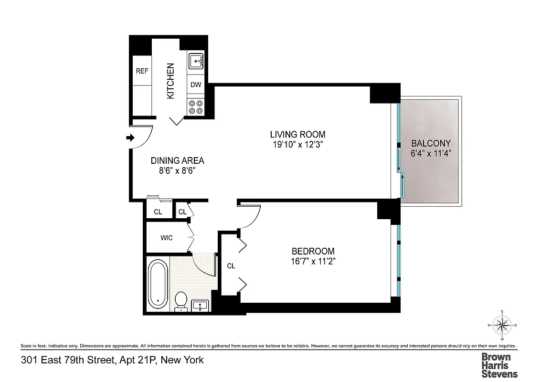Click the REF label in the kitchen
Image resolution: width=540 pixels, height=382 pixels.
click(142, 71)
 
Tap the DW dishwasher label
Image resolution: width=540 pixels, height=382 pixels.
click(196, 85)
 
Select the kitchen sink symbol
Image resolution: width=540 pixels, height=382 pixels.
click(196, 62)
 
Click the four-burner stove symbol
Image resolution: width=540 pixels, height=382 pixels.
click(195, 107)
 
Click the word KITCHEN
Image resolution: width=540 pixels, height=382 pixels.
click(170, 81)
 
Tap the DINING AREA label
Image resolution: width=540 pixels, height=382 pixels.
click(177, 161)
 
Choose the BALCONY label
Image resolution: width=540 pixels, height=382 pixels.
click(431, 143)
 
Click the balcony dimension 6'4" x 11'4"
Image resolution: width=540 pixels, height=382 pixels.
click(431, 154)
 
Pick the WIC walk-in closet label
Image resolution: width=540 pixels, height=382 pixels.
click(167, 238)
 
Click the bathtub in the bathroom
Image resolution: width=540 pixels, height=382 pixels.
click(157, 284)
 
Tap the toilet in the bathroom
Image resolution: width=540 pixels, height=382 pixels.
click(181, 301)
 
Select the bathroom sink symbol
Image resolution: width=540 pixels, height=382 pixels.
click(200, 305)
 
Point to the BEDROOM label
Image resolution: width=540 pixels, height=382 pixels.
click(313, 251)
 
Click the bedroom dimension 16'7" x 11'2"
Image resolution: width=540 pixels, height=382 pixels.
click(313, 261)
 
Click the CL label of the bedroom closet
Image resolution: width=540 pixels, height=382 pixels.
click(231, 265)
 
